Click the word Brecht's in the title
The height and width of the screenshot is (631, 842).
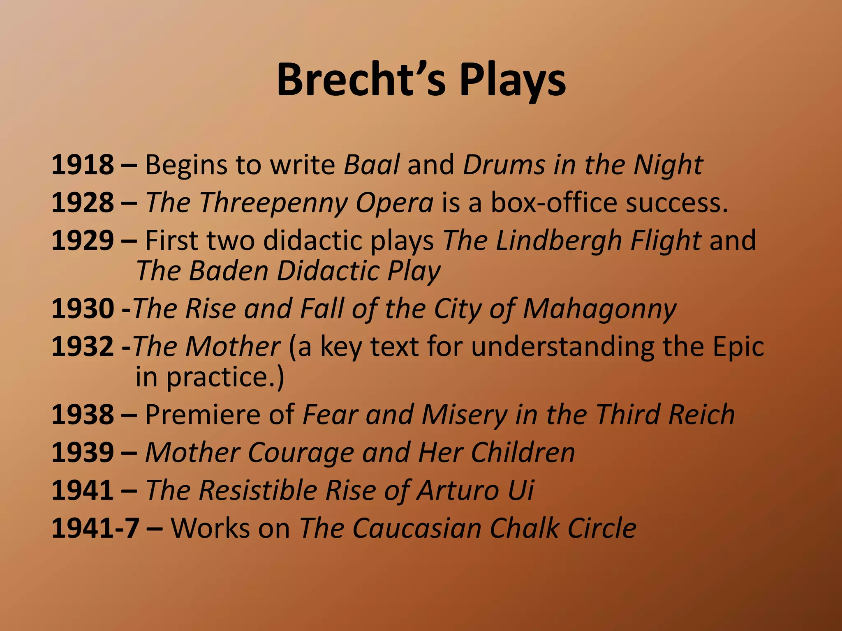(x=361, y=80)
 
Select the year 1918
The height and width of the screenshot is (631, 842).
(x=83, y=165)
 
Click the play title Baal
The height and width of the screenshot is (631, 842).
(x=371, y=165)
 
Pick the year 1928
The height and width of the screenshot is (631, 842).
(x=83, y=203)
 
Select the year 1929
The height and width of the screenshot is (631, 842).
(x=83, y=240)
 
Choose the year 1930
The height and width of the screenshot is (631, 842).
(x=83, y=309)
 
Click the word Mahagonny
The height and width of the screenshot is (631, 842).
(x=599, y=309)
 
